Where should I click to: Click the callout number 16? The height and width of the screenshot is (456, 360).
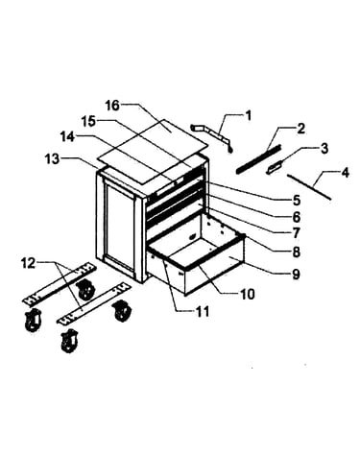pyautogui.click(x=112, y=106)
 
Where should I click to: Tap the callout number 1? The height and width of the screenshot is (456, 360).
pyautogui.click(x=248, y=115)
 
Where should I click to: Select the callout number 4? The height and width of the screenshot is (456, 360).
pyautogui.click(x=345, y=173)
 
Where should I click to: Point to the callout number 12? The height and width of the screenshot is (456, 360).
pyautogui.click(x=28, y=264)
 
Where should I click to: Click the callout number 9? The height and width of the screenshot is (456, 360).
pyautogui.click(x=296, y=274)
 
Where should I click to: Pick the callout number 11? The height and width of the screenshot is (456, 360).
pyautogui.click(x=203, y=311)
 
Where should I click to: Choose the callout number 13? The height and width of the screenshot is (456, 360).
pyautogui.click(x=52, y=158)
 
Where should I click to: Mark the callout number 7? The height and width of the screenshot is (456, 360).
pyautogui.click(x=296, y=232)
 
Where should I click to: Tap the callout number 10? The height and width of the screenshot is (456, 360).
pyautogui.click(x=248, y=294)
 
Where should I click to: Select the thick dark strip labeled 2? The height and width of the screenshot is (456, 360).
pyautogui.click(x=258, y=158)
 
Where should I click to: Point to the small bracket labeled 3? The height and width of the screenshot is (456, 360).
pyautogui.click(x=276, y=167)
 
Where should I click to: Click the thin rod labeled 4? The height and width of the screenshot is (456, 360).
pyautogui.click(x=309, y=186)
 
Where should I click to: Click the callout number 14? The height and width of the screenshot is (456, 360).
pyautogui.click(x=67, y=137)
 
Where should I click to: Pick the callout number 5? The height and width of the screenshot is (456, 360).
pyautogui.click(x=296, y=200)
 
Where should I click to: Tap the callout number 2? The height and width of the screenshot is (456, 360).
pyautogui.click(x=300, y=129)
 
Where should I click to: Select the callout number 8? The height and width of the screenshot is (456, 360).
pyautogui.click(x=296, y=252)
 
